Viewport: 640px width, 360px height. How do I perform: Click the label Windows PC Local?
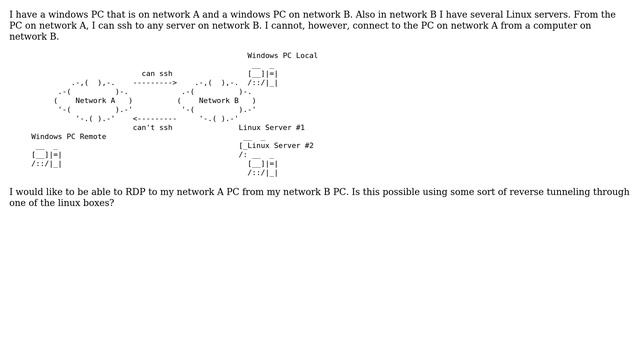click(x=282, y=56)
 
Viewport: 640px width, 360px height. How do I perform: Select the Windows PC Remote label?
click(x=68, y=137)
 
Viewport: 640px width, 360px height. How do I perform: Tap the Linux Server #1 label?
click(x=271, y=128)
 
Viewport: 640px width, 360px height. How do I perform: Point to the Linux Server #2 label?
click(x=280, y=146)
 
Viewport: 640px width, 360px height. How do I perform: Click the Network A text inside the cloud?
click(x=95, y=101)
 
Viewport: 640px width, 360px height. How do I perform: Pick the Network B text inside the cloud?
click(x=219, y=101)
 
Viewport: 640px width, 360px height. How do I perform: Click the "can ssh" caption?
click(x=157, y=74)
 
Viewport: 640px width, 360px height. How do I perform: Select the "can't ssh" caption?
click(x=152, y=128)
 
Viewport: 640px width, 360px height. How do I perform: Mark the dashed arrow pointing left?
click(x=155, y=119)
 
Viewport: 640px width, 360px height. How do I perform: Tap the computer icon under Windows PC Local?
click(x=263, y=78)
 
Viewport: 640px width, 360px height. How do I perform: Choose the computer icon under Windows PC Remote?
click(x=46, y=159)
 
